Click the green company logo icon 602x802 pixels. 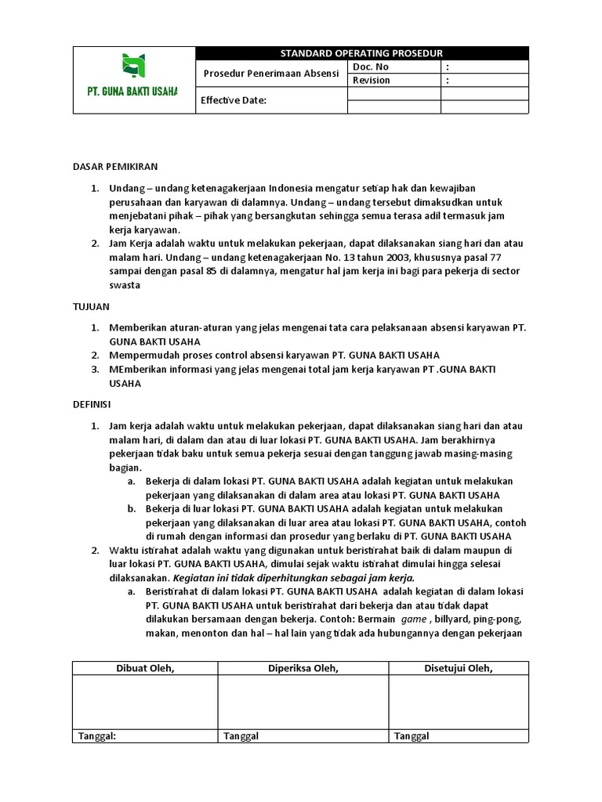click(133, 67)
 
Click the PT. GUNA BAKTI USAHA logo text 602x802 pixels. click(132, 92)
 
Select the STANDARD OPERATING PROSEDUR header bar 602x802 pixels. click(361, 53)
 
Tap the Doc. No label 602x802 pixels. click(371, 67)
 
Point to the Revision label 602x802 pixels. click(372, 80)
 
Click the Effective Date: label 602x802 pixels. click(234, 100)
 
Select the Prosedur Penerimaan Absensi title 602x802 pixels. click(270, 74)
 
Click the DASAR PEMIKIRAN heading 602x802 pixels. click(115, 167)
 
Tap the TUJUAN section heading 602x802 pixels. click(91, 307)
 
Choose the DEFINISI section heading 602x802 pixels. click(92, 405)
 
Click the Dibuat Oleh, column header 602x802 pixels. click(145, 668)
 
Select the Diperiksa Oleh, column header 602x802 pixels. click(303, 668)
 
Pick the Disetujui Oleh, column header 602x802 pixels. click(459, 668)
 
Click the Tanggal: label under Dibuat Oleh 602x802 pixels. click(97, 736)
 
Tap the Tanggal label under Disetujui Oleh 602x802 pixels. click(412, 736)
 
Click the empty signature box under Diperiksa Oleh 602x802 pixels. click(303, 703)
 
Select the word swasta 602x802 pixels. click(124, 286)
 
